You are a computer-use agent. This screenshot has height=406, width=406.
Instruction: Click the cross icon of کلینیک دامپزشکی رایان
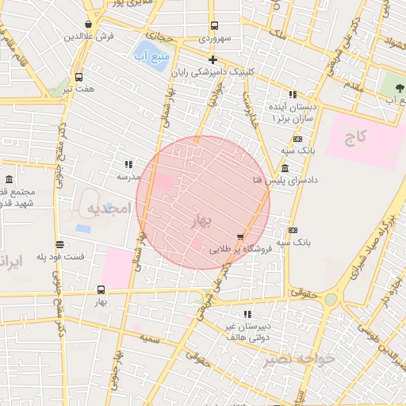213,59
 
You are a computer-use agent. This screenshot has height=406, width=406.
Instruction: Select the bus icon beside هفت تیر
79,77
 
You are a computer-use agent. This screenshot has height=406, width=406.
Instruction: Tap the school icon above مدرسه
128,164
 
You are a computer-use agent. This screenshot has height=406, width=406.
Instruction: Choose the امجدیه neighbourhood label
107,209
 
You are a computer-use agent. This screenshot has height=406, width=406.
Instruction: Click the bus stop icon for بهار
101,289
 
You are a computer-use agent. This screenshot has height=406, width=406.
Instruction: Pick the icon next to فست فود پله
60,244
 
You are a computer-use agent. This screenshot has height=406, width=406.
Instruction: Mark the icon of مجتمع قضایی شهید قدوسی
9,179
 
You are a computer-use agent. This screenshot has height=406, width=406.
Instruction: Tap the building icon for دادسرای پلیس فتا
285,168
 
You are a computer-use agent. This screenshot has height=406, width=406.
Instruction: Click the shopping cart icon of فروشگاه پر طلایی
240,236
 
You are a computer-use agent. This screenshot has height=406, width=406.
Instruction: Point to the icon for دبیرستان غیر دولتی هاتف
247,314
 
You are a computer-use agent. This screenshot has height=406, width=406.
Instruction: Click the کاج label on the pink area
357,137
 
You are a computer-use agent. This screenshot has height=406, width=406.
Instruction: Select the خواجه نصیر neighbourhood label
301,359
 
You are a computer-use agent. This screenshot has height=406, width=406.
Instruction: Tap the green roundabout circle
330,299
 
